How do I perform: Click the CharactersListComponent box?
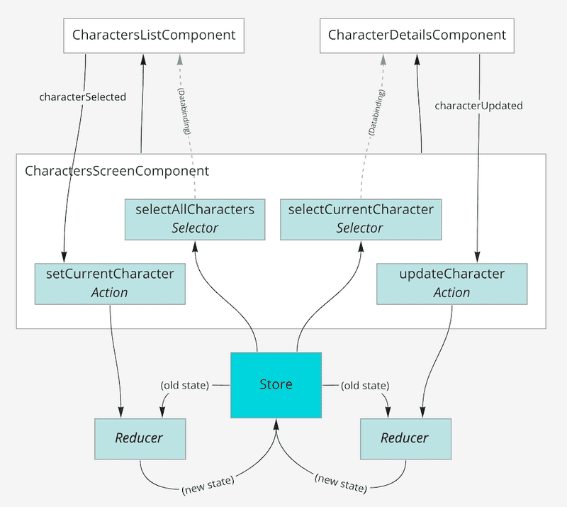[154, 35]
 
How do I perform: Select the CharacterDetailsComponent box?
[417, 35]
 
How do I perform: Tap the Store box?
[276, 384]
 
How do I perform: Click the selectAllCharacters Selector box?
[194, 218]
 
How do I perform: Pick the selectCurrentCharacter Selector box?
[360, 218]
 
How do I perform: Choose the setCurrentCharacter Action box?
[110, 283]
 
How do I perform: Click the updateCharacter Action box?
[452, 283]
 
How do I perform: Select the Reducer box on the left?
[139, 438]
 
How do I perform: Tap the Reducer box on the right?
[405, 438]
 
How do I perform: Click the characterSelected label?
[82, 96]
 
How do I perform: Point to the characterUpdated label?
[478, 106]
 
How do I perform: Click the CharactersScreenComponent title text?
[117, 171]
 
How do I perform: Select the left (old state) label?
[186, 385]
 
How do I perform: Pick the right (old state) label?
[364, 385]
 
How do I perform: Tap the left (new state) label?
[208, 489]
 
